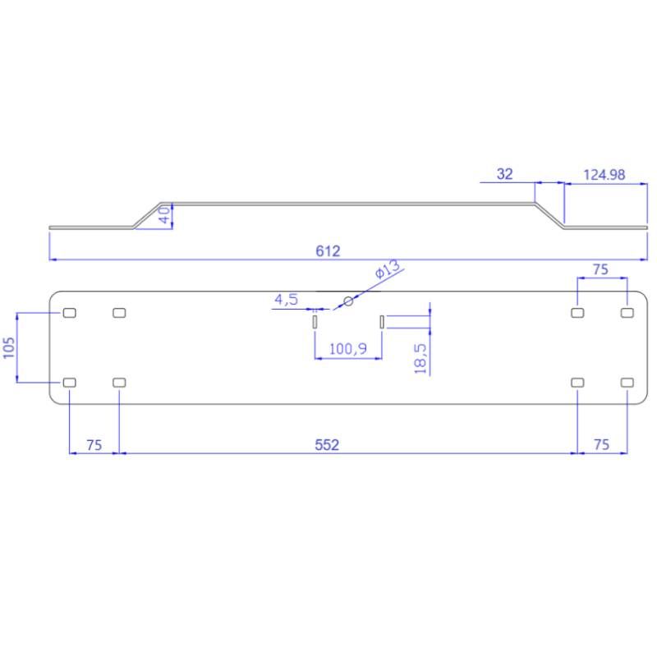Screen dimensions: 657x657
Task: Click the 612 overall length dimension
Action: pyautogui.click(x=328, y=251)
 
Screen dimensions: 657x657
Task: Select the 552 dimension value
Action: pyautogui.click(x=327, y=444)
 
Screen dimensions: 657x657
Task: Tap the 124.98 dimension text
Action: pyautogui.click(x=604, y=175)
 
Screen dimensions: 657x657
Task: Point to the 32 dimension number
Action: pyautogui.click(x=504, y=174)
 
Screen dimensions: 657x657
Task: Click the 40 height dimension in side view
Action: pyautogui.click(x=165, y=214)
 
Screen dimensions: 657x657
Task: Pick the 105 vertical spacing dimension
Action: pyautogui.click(x=9, y=347)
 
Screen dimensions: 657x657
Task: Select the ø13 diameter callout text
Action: pyautogui.click(x=387, y=269)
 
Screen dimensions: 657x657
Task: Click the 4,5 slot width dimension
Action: pyautogui.click(x=286, y=300)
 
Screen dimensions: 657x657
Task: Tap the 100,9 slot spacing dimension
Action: pyautogui.click(x=347, y=348)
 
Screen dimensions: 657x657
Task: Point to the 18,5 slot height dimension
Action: pyautogui.click(x=420, y=359)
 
